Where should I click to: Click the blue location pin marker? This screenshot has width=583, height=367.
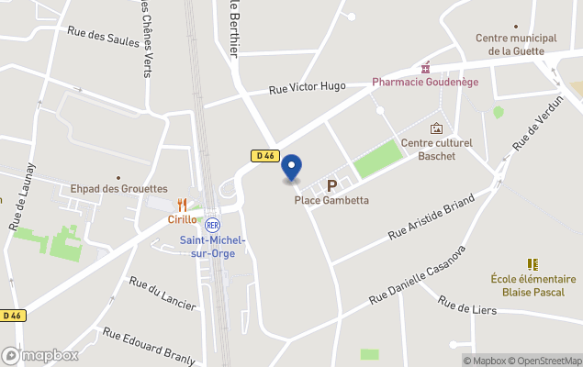[x=291, y=167]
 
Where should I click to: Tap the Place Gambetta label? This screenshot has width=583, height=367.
[x=331, y=200]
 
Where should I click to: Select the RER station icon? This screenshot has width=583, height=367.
[x=212, y=225]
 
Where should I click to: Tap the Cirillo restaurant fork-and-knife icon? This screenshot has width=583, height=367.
[x=183, y=205]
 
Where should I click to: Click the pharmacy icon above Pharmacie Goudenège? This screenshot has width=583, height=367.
[x=424, y=68]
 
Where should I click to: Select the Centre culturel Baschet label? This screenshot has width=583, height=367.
[x=436, y=150]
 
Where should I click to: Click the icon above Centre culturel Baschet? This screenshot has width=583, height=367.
[x=436, y=128]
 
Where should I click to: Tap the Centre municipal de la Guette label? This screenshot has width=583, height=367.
[x=516, y=44]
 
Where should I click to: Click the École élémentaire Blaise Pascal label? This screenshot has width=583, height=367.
[x=533, y=285]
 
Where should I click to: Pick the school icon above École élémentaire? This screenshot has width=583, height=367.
[x=533, y=264]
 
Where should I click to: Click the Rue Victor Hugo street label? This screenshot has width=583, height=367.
[x=307, y=87]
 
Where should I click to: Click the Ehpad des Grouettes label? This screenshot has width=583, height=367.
[x=119, y=189]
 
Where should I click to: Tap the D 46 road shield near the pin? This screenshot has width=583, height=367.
[x=263, y=156]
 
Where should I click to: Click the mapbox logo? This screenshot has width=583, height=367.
[x=40, y=355]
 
